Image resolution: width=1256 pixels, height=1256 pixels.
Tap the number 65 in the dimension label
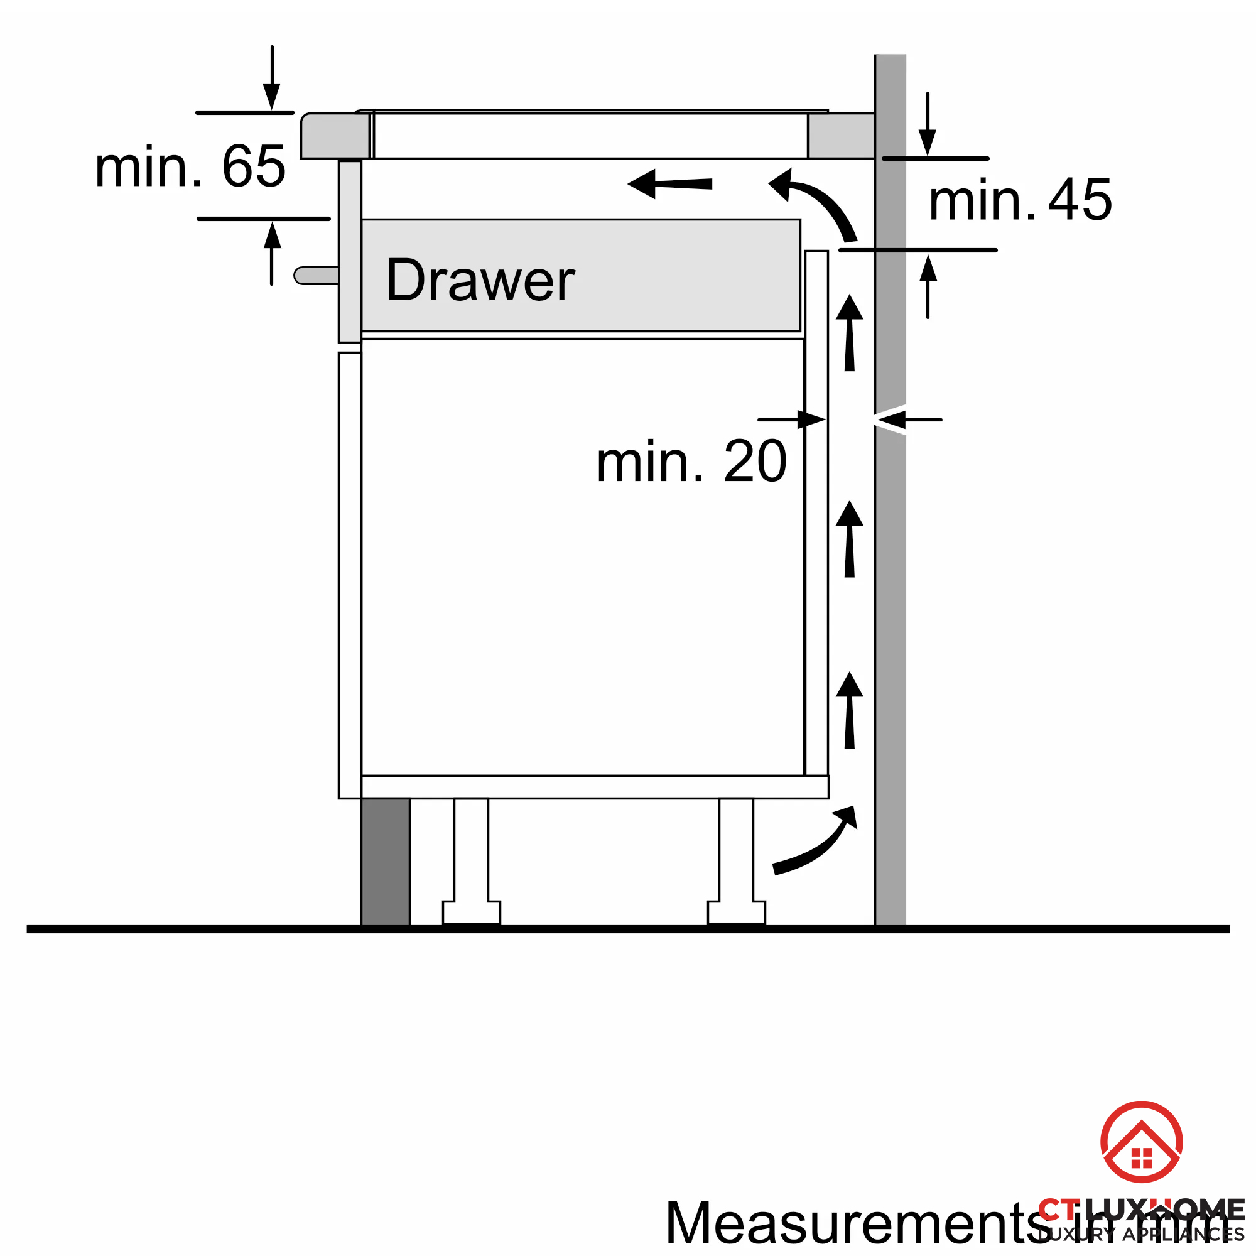pyautogui.click(x=254, y=166)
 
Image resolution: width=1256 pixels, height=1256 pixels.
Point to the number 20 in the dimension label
pyautogui.click(x=755, y=462)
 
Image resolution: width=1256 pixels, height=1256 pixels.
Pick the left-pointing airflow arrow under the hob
pyautogui.click(x=669, y=184)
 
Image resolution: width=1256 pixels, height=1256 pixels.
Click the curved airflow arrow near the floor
pyautogui.click(x=816, y=844)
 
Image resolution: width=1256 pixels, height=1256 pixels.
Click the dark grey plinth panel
pyautogui.click(x=386, y=862)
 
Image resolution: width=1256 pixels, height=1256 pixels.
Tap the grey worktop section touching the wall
pyautogui.click(x=842, y=136)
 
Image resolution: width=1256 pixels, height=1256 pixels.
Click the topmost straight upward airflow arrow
pyautogui.click(x=849, y=333)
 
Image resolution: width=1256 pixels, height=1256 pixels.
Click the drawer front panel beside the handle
pyautogui.click(x=350, y=251)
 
